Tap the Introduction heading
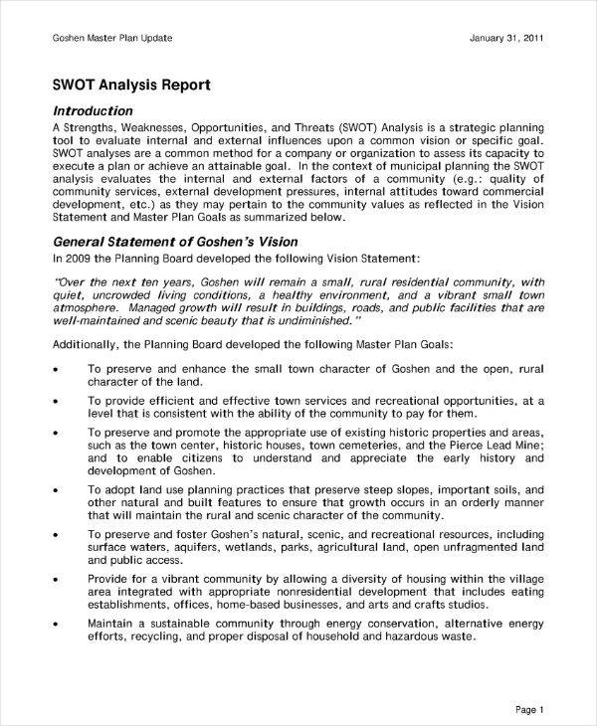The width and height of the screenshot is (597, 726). (x=92, y=111)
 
